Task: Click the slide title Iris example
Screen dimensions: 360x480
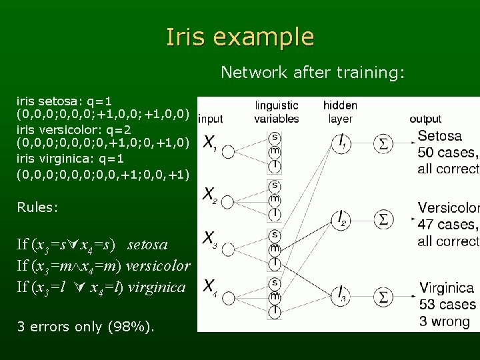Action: click(240, 37)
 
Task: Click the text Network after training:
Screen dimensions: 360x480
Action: click(313, 71)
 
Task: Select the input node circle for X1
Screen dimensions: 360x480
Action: click(228, 153)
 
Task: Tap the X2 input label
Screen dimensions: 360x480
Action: click(209, 195)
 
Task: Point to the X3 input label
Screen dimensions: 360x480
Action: click(209, 239)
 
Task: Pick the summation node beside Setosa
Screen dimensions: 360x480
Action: click(385, 143)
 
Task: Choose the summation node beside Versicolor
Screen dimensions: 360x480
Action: click(385, 219)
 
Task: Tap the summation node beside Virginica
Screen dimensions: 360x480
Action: click(385, 293)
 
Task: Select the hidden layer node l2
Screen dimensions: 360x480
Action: click(341, 218)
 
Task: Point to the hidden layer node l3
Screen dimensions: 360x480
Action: click(341, 294)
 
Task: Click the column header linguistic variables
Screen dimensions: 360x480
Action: click(276, 112)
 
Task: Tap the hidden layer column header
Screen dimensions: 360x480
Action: click(340, 112)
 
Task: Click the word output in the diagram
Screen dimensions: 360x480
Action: click(425, 119)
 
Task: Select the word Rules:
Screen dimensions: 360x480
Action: click(37, 207)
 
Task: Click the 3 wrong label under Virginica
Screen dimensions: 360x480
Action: click(444, 322)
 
